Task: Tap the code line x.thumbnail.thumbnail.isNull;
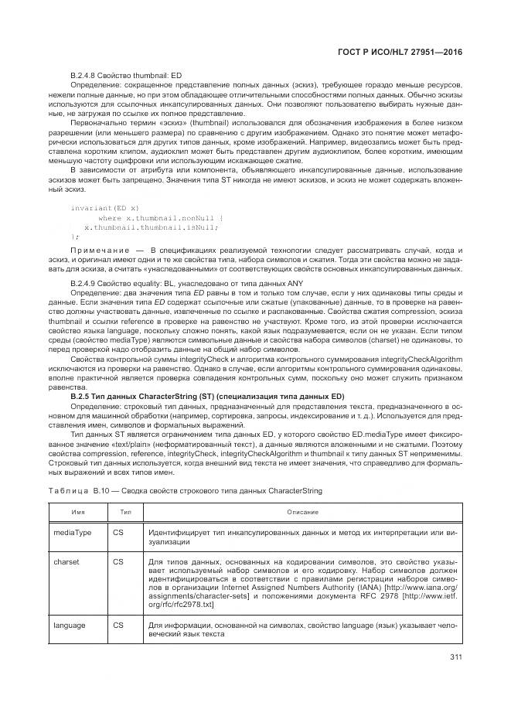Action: [151, 227]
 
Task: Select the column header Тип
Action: [125, 511]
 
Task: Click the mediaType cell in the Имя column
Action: [71, 533]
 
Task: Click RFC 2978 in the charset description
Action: [400, 595]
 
